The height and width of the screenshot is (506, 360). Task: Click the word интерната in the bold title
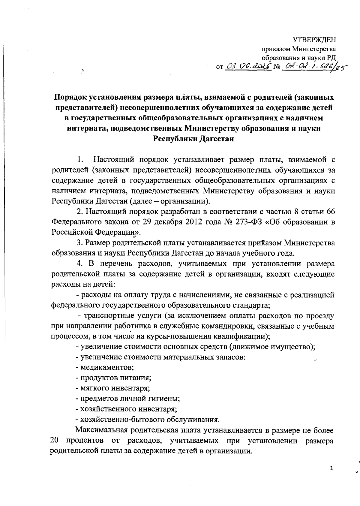[x=85, y=128]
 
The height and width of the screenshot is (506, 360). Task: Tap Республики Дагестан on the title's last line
[x=193, y=139]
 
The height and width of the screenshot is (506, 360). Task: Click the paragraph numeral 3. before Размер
[x=79, y=242]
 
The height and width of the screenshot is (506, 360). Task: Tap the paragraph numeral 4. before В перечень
[x=79, y=264]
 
